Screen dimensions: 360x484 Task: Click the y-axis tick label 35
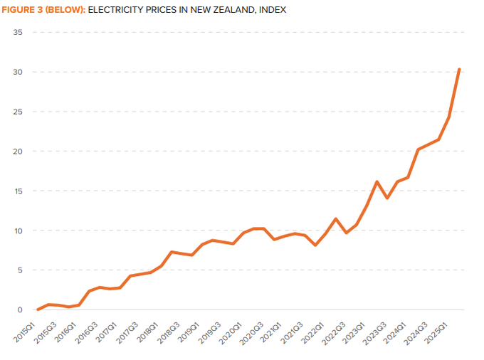(x=18, y=33)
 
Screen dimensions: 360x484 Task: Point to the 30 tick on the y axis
(x=18, y=73)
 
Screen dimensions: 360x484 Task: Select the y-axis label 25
(x=18, y=112)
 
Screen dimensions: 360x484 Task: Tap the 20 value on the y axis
(x=18, y=152)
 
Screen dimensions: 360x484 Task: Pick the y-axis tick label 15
(x=18, y=191)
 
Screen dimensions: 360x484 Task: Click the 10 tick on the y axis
(x=18, y=231)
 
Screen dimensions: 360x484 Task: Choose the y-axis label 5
(x=20, y=270)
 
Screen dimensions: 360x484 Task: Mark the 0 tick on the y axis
(x=20, y=310)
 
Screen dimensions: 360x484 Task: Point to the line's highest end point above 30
(x=459, y=69)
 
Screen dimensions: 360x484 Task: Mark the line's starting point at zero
(x=38, y=309)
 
